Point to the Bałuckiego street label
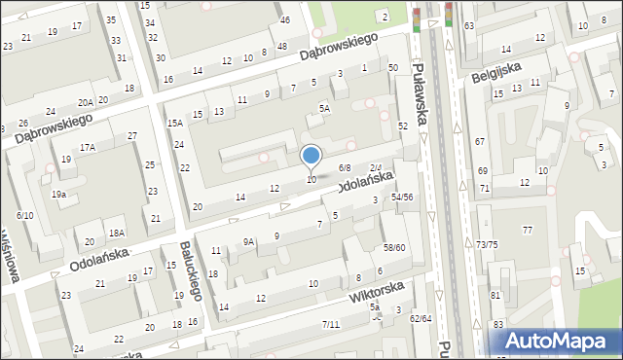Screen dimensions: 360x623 coord(191,271)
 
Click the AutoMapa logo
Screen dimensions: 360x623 coord(560,341)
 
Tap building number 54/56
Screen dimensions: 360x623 coord(402,197)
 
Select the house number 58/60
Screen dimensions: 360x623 coord(394,248)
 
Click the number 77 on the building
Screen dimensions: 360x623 coord(528,230)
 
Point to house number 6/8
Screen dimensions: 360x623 coord(345,167)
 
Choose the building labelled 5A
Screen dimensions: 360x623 coord(325,110)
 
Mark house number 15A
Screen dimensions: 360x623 coord(175,124)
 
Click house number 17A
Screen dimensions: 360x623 coord(89,147)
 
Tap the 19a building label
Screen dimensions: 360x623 coord(59,195)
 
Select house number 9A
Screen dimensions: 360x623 coord(249,241)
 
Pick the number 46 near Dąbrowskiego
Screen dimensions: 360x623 coord(284,20)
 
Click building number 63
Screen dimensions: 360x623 coord(469,26)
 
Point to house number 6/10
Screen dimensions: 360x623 coord(25,214)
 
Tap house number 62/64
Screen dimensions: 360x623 coord(420,318)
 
